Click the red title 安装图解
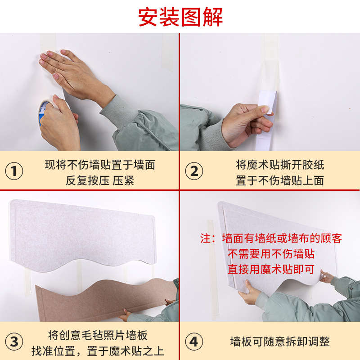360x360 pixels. [180, 17]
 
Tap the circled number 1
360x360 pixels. [14, 171]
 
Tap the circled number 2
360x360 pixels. [194, 171]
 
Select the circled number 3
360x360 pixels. [14, 342]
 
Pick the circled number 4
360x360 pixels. [194, 342]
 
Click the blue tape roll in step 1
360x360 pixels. [44, 112]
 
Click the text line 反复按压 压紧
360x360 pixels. [100, 180]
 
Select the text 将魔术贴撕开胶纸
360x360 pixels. [280, 165]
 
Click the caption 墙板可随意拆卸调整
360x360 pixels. [280, 342]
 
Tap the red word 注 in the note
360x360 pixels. [205, 238]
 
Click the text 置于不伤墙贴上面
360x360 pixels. [280, 180]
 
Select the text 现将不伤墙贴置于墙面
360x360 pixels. [100, 165]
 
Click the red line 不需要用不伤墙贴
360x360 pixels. [271, 253]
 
